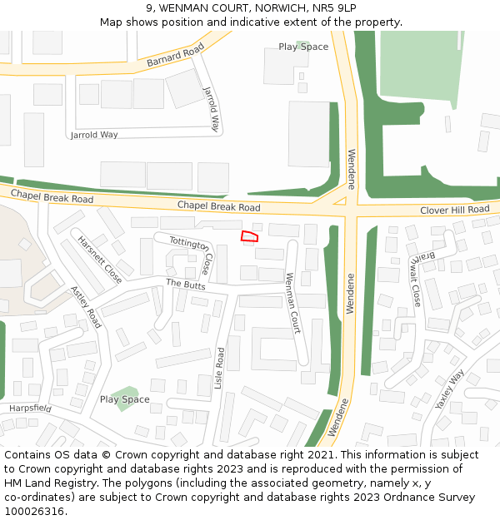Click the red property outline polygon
coord(249,236)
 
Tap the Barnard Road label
coord(175,57)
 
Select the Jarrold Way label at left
coord(94,135)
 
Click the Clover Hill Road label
coord(454,210)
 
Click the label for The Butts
coord(185,285)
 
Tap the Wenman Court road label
coord(293,303)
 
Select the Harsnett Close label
coord(100,260)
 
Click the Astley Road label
coord(85,306)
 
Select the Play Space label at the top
coord(303,47)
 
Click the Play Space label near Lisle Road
coord(125,399)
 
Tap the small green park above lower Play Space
coord(125,392)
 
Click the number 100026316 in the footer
coord(34,511)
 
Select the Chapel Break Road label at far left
coord(52,197)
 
